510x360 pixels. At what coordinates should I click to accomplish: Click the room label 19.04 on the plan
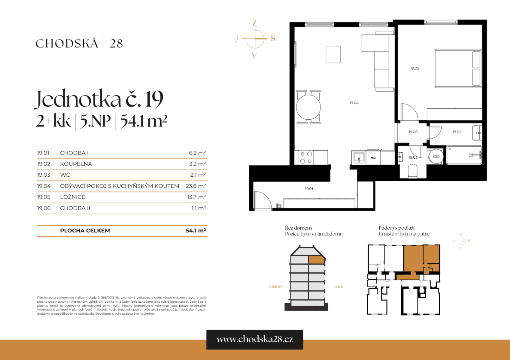coord(354,103)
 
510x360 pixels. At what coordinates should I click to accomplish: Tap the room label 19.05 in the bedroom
coord(414,68)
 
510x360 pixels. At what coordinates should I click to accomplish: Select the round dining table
coord(308,107)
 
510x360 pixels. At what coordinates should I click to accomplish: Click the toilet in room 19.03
coord(413,172)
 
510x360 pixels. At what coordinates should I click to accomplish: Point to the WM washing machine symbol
coord(436,157)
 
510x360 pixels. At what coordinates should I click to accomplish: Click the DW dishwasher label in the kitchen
coord(373,158)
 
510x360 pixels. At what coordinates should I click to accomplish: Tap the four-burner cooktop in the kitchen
coord(306,157)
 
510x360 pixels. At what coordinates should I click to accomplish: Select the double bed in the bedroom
coord(457,69)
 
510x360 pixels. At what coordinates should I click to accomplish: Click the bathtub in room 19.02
coord(464,155)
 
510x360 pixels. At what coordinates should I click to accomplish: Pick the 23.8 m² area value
coord(196,186)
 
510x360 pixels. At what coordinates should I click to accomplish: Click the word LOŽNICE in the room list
coord(72,197)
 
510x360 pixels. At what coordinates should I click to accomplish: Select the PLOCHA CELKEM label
coord(85,231)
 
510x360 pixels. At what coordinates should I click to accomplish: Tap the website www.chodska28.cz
coord(255,339)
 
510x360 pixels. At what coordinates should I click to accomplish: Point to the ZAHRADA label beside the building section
coord(276,287)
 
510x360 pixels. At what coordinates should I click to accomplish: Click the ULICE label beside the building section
coord(338,287)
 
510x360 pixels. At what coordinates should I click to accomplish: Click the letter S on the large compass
coord(273,38)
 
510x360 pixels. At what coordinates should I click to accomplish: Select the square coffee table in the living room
coord(333,54)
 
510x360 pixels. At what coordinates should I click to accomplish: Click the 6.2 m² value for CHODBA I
coord(197,153)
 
